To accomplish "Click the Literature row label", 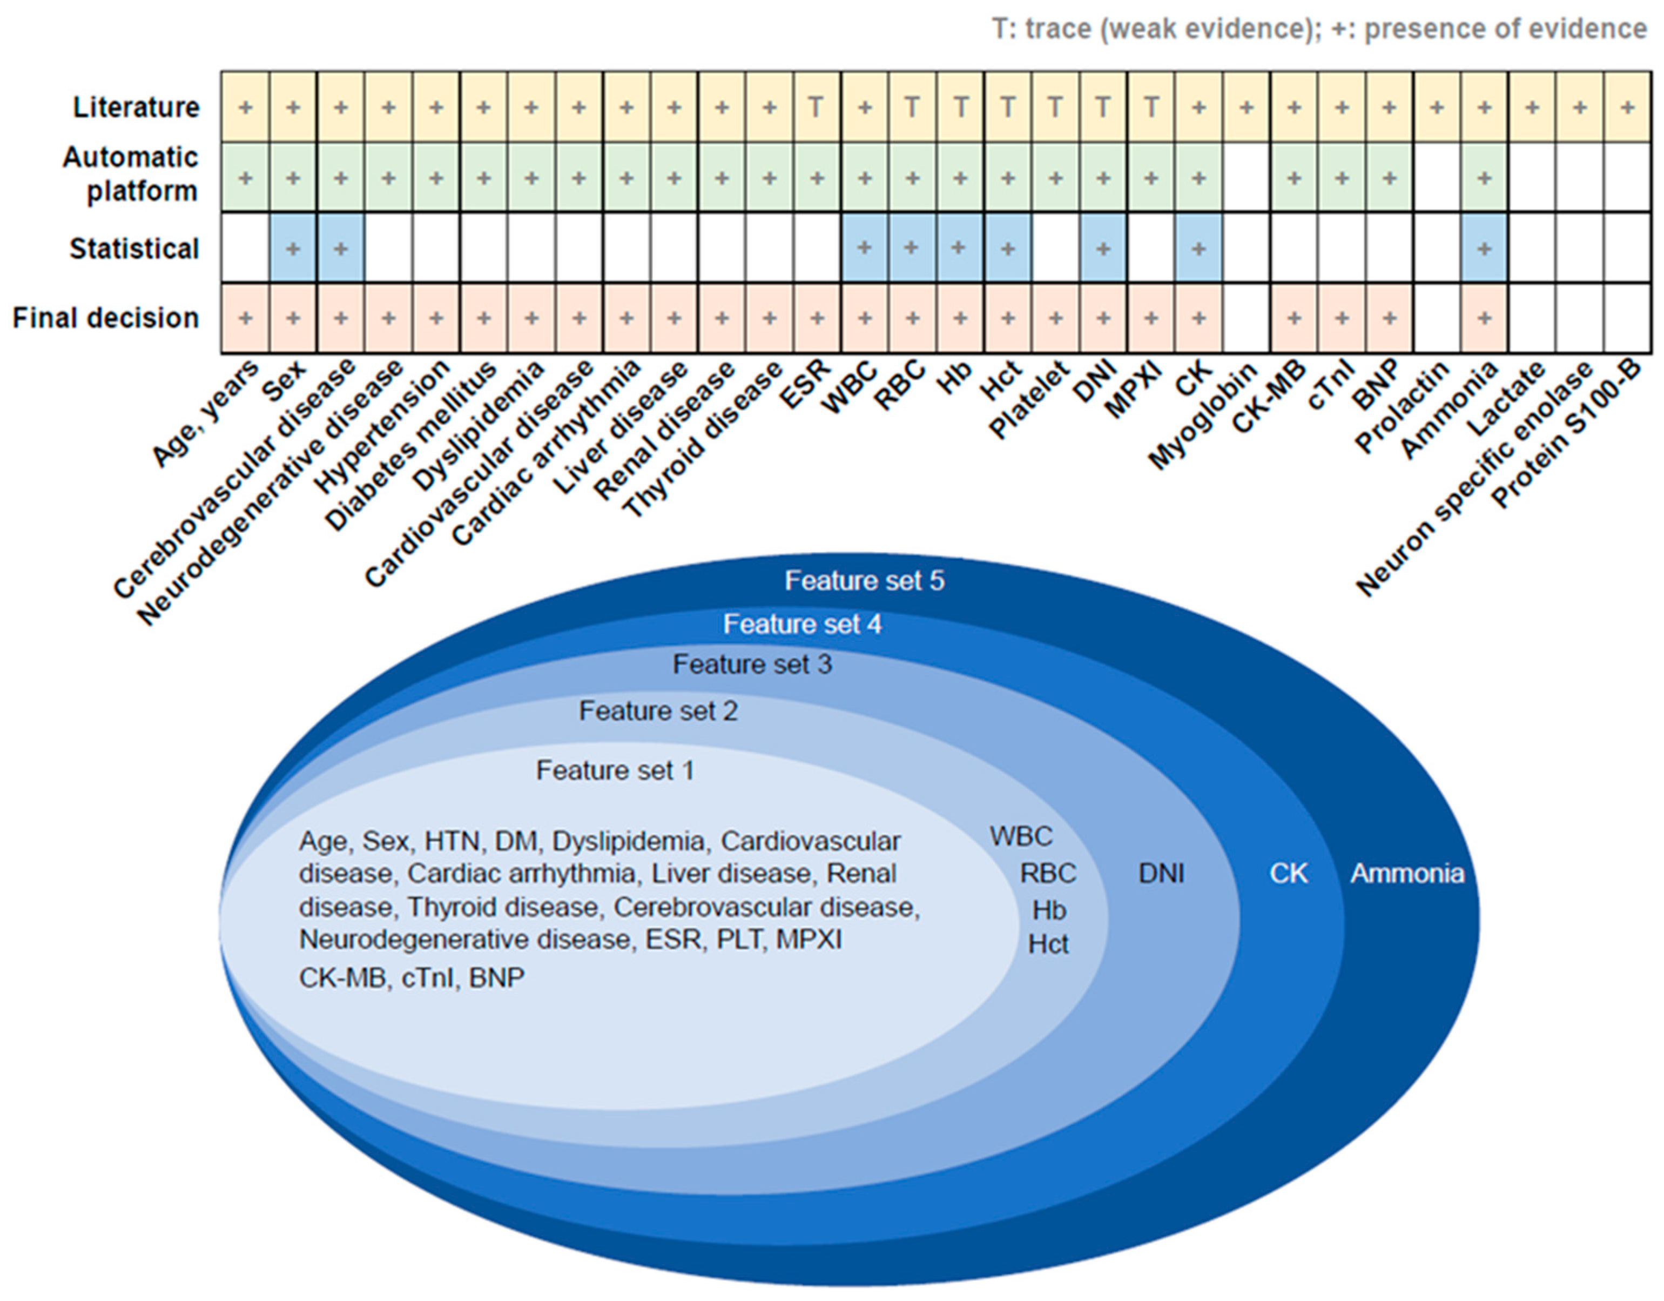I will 136,108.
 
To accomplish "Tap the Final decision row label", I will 105,318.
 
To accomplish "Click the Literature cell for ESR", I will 817,108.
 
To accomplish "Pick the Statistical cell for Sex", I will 293,249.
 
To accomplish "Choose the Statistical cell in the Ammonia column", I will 1484,249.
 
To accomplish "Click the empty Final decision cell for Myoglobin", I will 1247,318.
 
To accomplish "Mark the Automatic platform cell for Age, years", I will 245,178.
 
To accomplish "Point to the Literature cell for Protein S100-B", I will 1627,108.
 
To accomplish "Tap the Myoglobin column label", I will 1204,415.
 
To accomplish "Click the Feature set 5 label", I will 864,581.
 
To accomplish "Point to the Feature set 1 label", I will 615,770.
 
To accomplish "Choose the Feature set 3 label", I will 752,665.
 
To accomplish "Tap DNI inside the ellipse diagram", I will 1161,874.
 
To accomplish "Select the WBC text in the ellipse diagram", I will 1021,836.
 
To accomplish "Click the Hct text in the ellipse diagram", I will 1048,944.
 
